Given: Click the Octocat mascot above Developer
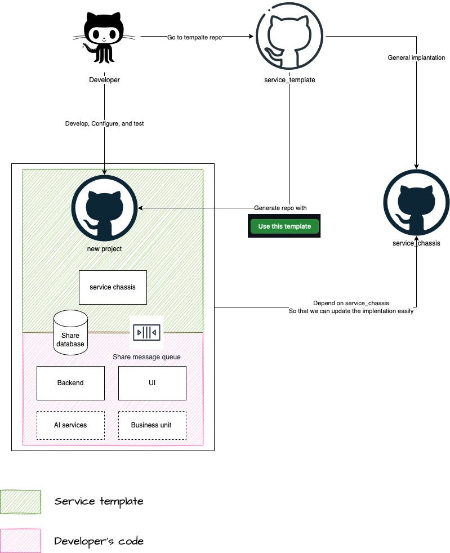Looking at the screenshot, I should coord(104,37).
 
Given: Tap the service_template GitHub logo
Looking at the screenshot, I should coord(289,37).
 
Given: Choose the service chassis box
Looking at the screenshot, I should coord(113,287).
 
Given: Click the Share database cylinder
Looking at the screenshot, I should coord(70,333).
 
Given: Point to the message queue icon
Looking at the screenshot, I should coord(146,333).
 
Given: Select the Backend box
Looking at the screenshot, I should coord(70,383).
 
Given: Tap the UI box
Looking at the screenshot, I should coord(152,383).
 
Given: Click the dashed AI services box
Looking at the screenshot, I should coord(70,425).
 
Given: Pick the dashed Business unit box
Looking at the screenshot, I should coord(152,425).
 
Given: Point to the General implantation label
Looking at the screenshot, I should coord(416,57).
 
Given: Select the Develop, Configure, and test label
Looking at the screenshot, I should coord(104,123).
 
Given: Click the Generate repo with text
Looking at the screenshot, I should coord(280,208).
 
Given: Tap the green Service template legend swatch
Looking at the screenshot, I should coord(21,502).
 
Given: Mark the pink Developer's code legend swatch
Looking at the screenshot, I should coord(21,541).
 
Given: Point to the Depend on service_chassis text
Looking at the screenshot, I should coord(351,303).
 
